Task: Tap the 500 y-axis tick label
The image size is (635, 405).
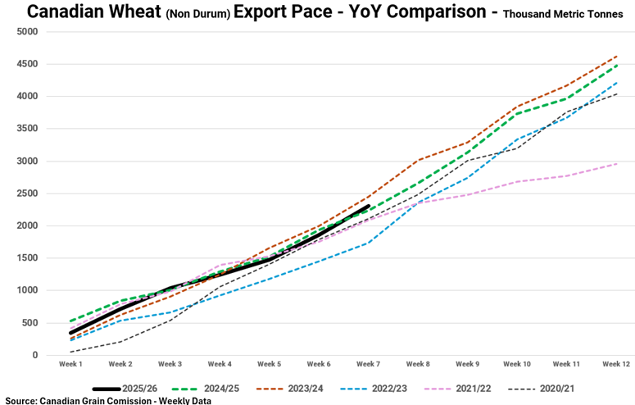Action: coord(29,323)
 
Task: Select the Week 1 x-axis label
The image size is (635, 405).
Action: coord(70,363)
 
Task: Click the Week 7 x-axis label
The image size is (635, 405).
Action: coord(368,363)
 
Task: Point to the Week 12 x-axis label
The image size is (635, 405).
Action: coord(616,363)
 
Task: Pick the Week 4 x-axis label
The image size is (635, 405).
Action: coord(220,363)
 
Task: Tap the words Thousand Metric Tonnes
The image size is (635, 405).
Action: coord(563,14)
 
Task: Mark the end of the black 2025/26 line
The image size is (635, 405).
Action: coord(369,207)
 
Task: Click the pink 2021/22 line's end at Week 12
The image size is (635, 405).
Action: coord(617,164)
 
